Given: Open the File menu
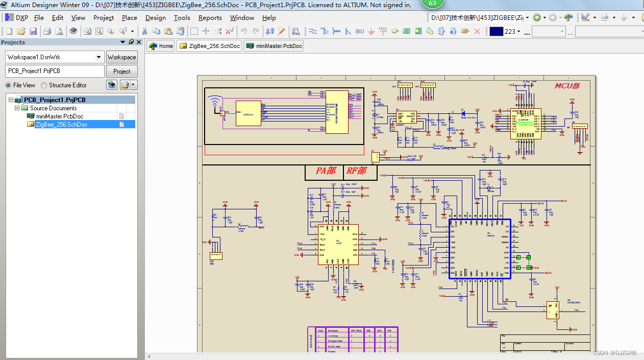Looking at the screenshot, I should [39, 17].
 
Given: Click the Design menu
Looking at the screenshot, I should [155, 17].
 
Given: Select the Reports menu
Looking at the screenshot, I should [210, 17].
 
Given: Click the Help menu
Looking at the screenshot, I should [269, 17].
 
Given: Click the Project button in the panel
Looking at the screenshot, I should [121, 71].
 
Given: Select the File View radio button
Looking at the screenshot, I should [8, 85].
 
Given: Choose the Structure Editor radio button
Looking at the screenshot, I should [44, 85].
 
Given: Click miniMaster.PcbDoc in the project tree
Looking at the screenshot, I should [59, 116].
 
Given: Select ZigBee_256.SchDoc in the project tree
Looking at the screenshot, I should [61, 125].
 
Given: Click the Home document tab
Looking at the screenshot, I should [161, 46].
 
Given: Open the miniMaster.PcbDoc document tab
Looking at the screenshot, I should [274, 46].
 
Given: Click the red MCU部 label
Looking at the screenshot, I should [567, 86].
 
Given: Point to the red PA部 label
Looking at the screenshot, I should [326, 171].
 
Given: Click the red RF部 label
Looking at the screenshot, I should [356, 171].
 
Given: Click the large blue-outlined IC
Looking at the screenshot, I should [480, 249].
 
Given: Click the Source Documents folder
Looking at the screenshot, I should [53, 108].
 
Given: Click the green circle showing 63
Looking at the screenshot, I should [433, 4].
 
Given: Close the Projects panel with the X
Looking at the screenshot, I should [139, 42].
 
